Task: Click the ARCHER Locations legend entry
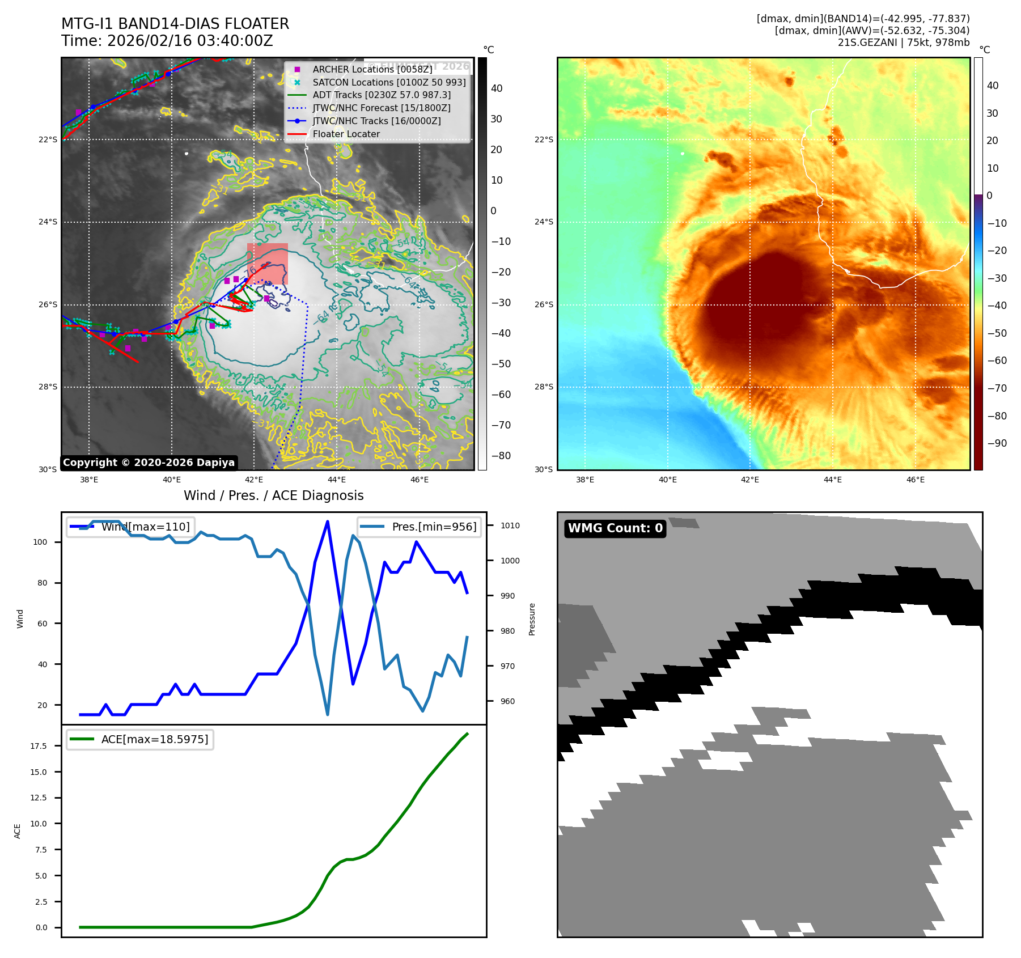[372, 69]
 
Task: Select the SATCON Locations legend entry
[389, 82]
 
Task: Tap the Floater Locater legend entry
[346, 134]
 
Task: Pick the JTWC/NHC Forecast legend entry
[382, 108]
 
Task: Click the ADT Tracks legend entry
[382, 95]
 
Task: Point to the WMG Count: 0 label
[615, 528]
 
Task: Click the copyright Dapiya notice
[149, 463]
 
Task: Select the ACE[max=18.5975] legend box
[140, 739]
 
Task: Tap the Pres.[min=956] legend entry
[420, 527]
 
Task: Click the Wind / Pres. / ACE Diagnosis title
[274, 495]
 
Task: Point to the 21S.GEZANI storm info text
[904, 43]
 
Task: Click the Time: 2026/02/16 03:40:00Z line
[167, 41]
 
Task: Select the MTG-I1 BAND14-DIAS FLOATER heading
[175, 24]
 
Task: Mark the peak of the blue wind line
[328, 522]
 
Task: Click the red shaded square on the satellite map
[268, 264]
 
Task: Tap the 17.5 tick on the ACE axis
[39, 746]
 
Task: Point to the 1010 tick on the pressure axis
[510, 525]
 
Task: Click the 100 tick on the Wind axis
[40, 542]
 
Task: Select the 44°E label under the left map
[337, 480]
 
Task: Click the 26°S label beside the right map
[544, 304]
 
